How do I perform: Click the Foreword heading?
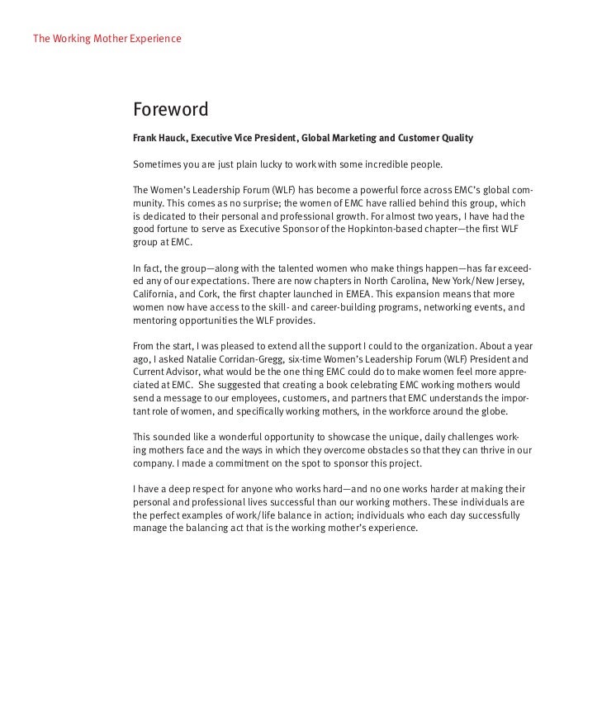(170, 110)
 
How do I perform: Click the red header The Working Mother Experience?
(107, 39)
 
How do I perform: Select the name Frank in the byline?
(147, 137)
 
